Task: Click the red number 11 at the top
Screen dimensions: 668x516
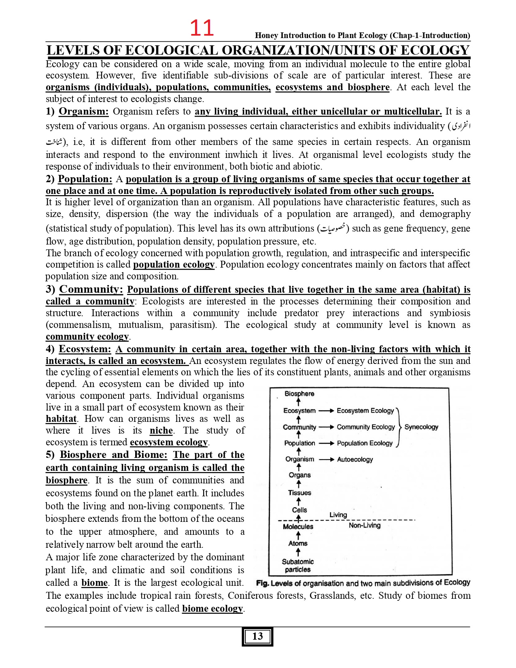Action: point(202,28)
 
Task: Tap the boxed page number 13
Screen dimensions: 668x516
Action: point(257,636)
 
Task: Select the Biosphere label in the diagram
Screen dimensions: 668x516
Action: point(299,394)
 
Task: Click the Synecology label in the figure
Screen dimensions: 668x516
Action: point(421,427)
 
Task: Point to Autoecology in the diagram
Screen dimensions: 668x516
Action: point(355,460)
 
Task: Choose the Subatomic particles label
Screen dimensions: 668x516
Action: point(298,566)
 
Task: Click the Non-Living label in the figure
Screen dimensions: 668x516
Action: point(365,525)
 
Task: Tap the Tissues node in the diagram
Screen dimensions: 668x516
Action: point(299,493)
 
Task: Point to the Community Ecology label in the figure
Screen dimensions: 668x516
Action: point(365,427)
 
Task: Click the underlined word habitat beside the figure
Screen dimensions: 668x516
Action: point(61,419)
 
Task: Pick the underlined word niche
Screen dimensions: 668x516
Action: point(161,430)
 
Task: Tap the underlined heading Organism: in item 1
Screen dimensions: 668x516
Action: point(84,111)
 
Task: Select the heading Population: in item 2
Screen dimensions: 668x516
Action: point(85,179)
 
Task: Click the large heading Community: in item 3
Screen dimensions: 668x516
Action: point(91,289)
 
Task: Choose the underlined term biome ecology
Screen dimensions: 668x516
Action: point(212,608)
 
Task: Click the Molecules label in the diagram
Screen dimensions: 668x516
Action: point(298,527)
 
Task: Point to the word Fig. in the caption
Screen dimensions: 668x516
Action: point(263,583)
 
